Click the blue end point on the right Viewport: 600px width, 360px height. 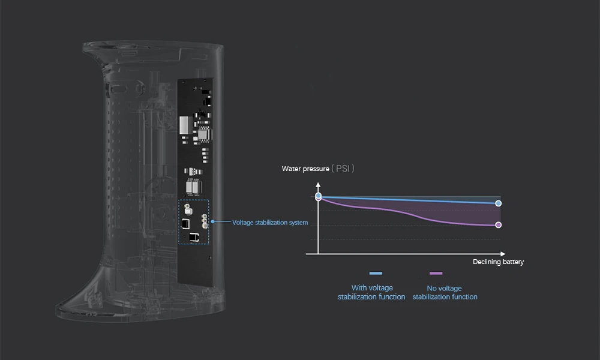499,203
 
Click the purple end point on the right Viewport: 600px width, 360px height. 499,225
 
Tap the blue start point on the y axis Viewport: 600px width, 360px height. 318,196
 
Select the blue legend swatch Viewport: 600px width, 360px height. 376,274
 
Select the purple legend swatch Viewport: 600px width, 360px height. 436,274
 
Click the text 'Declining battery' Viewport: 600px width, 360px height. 498,262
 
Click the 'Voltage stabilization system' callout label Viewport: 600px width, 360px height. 270,223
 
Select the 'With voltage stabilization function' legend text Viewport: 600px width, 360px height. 371,292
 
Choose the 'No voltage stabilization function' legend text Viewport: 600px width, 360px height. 445,293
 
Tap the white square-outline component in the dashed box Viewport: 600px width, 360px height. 186,224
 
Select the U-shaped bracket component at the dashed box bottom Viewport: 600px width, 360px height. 193,237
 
